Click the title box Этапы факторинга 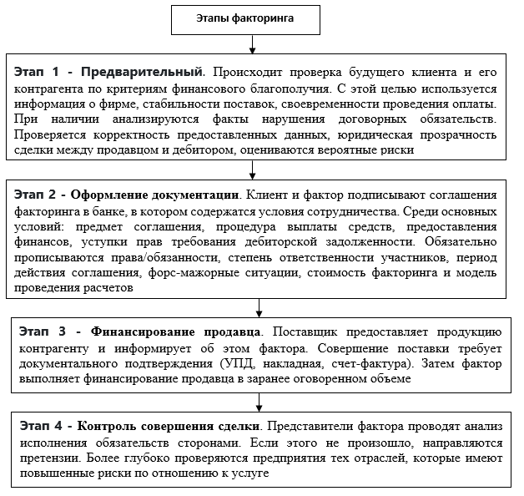point(257,16)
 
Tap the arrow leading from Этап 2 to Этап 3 point(259,306)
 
